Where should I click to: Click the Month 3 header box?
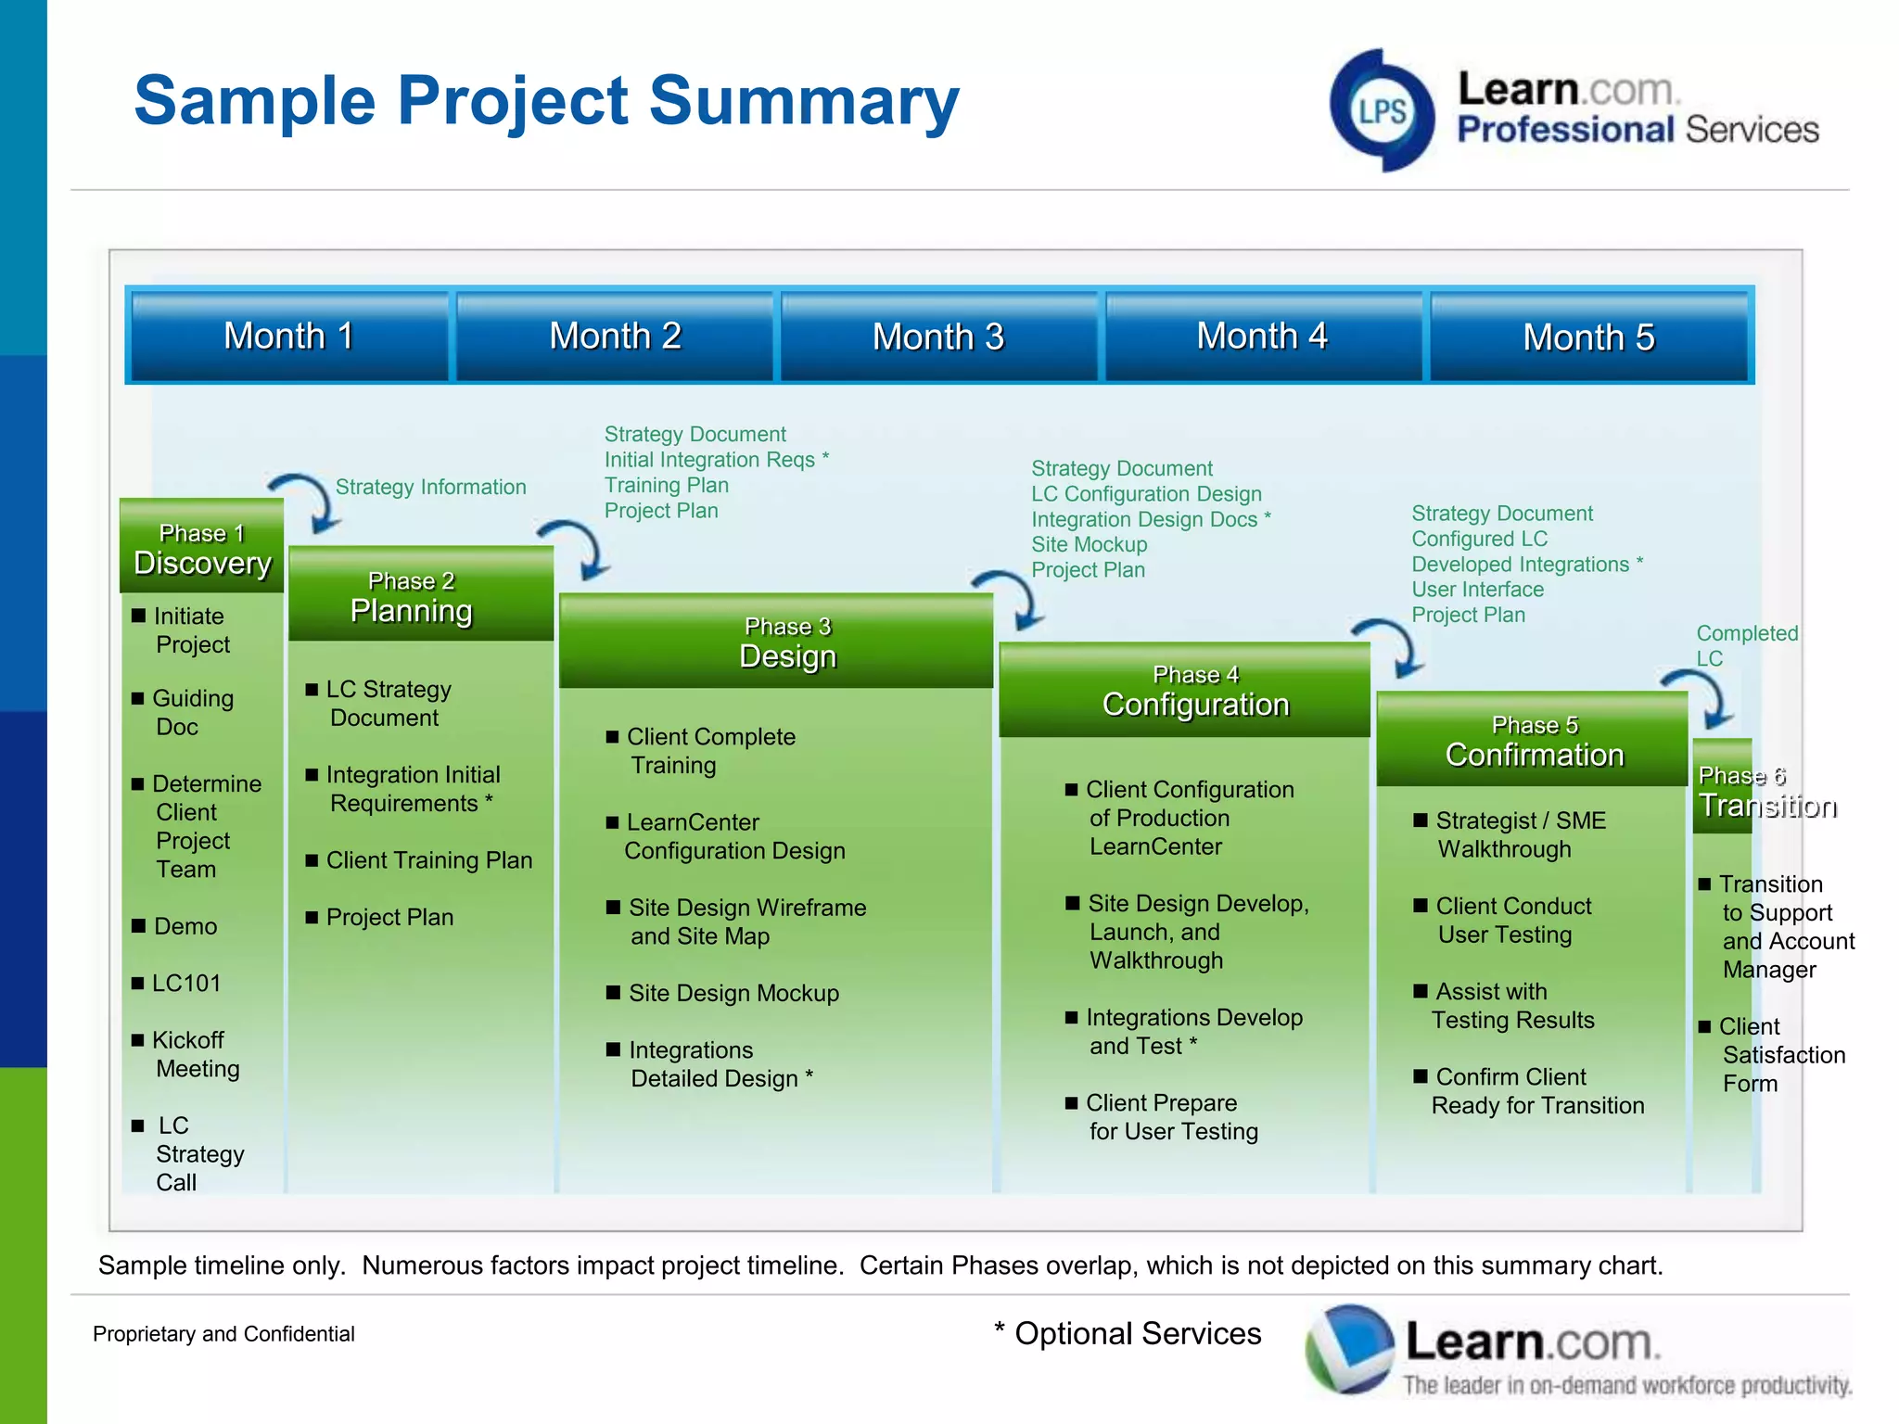click(x=938, y=336)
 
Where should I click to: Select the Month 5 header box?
click(x=1588, y=336)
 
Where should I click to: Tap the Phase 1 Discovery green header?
click(x=201, y=548)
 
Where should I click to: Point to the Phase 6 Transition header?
click(x=1724, y=790)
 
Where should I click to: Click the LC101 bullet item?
click(x=185, y=983)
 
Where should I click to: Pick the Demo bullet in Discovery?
click(x=185, y=926)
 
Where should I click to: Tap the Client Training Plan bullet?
click(x=428, y=860)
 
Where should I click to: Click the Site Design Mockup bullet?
click(x=733, y=993)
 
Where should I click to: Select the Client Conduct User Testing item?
click(x=1511, y=920)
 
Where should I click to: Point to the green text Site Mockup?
click(x=1089, y=544)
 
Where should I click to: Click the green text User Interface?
click(x=1477, y=590)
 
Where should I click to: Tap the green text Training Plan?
click(x=666, y=485)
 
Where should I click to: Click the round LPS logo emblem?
click(x=1382, y=111)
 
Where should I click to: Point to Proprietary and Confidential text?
click(x=223, y=1334)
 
